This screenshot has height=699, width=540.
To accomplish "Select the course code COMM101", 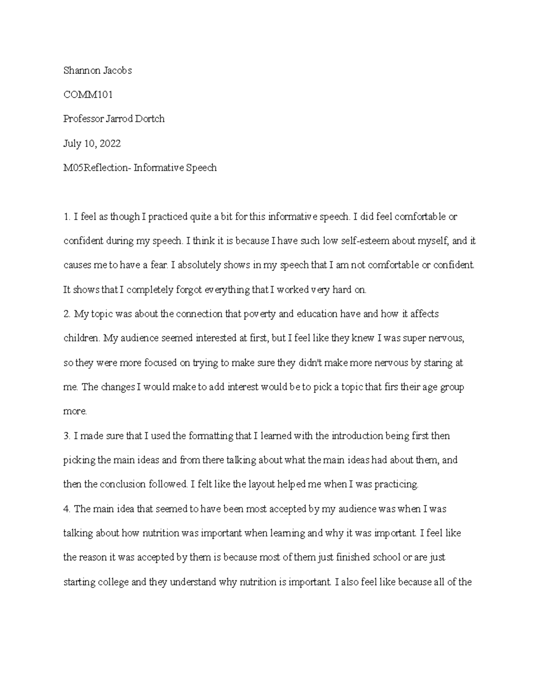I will tap(88, 95).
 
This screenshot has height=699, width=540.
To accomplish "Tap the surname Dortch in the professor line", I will tap(150, 119).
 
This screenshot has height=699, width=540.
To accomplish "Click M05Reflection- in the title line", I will tap(95, 168).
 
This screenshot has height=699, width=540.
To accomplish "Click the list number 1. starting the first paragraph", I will tap(67, 217).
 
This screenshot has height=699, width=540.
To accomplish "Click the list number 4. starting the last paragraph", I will tap(67, 509).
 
